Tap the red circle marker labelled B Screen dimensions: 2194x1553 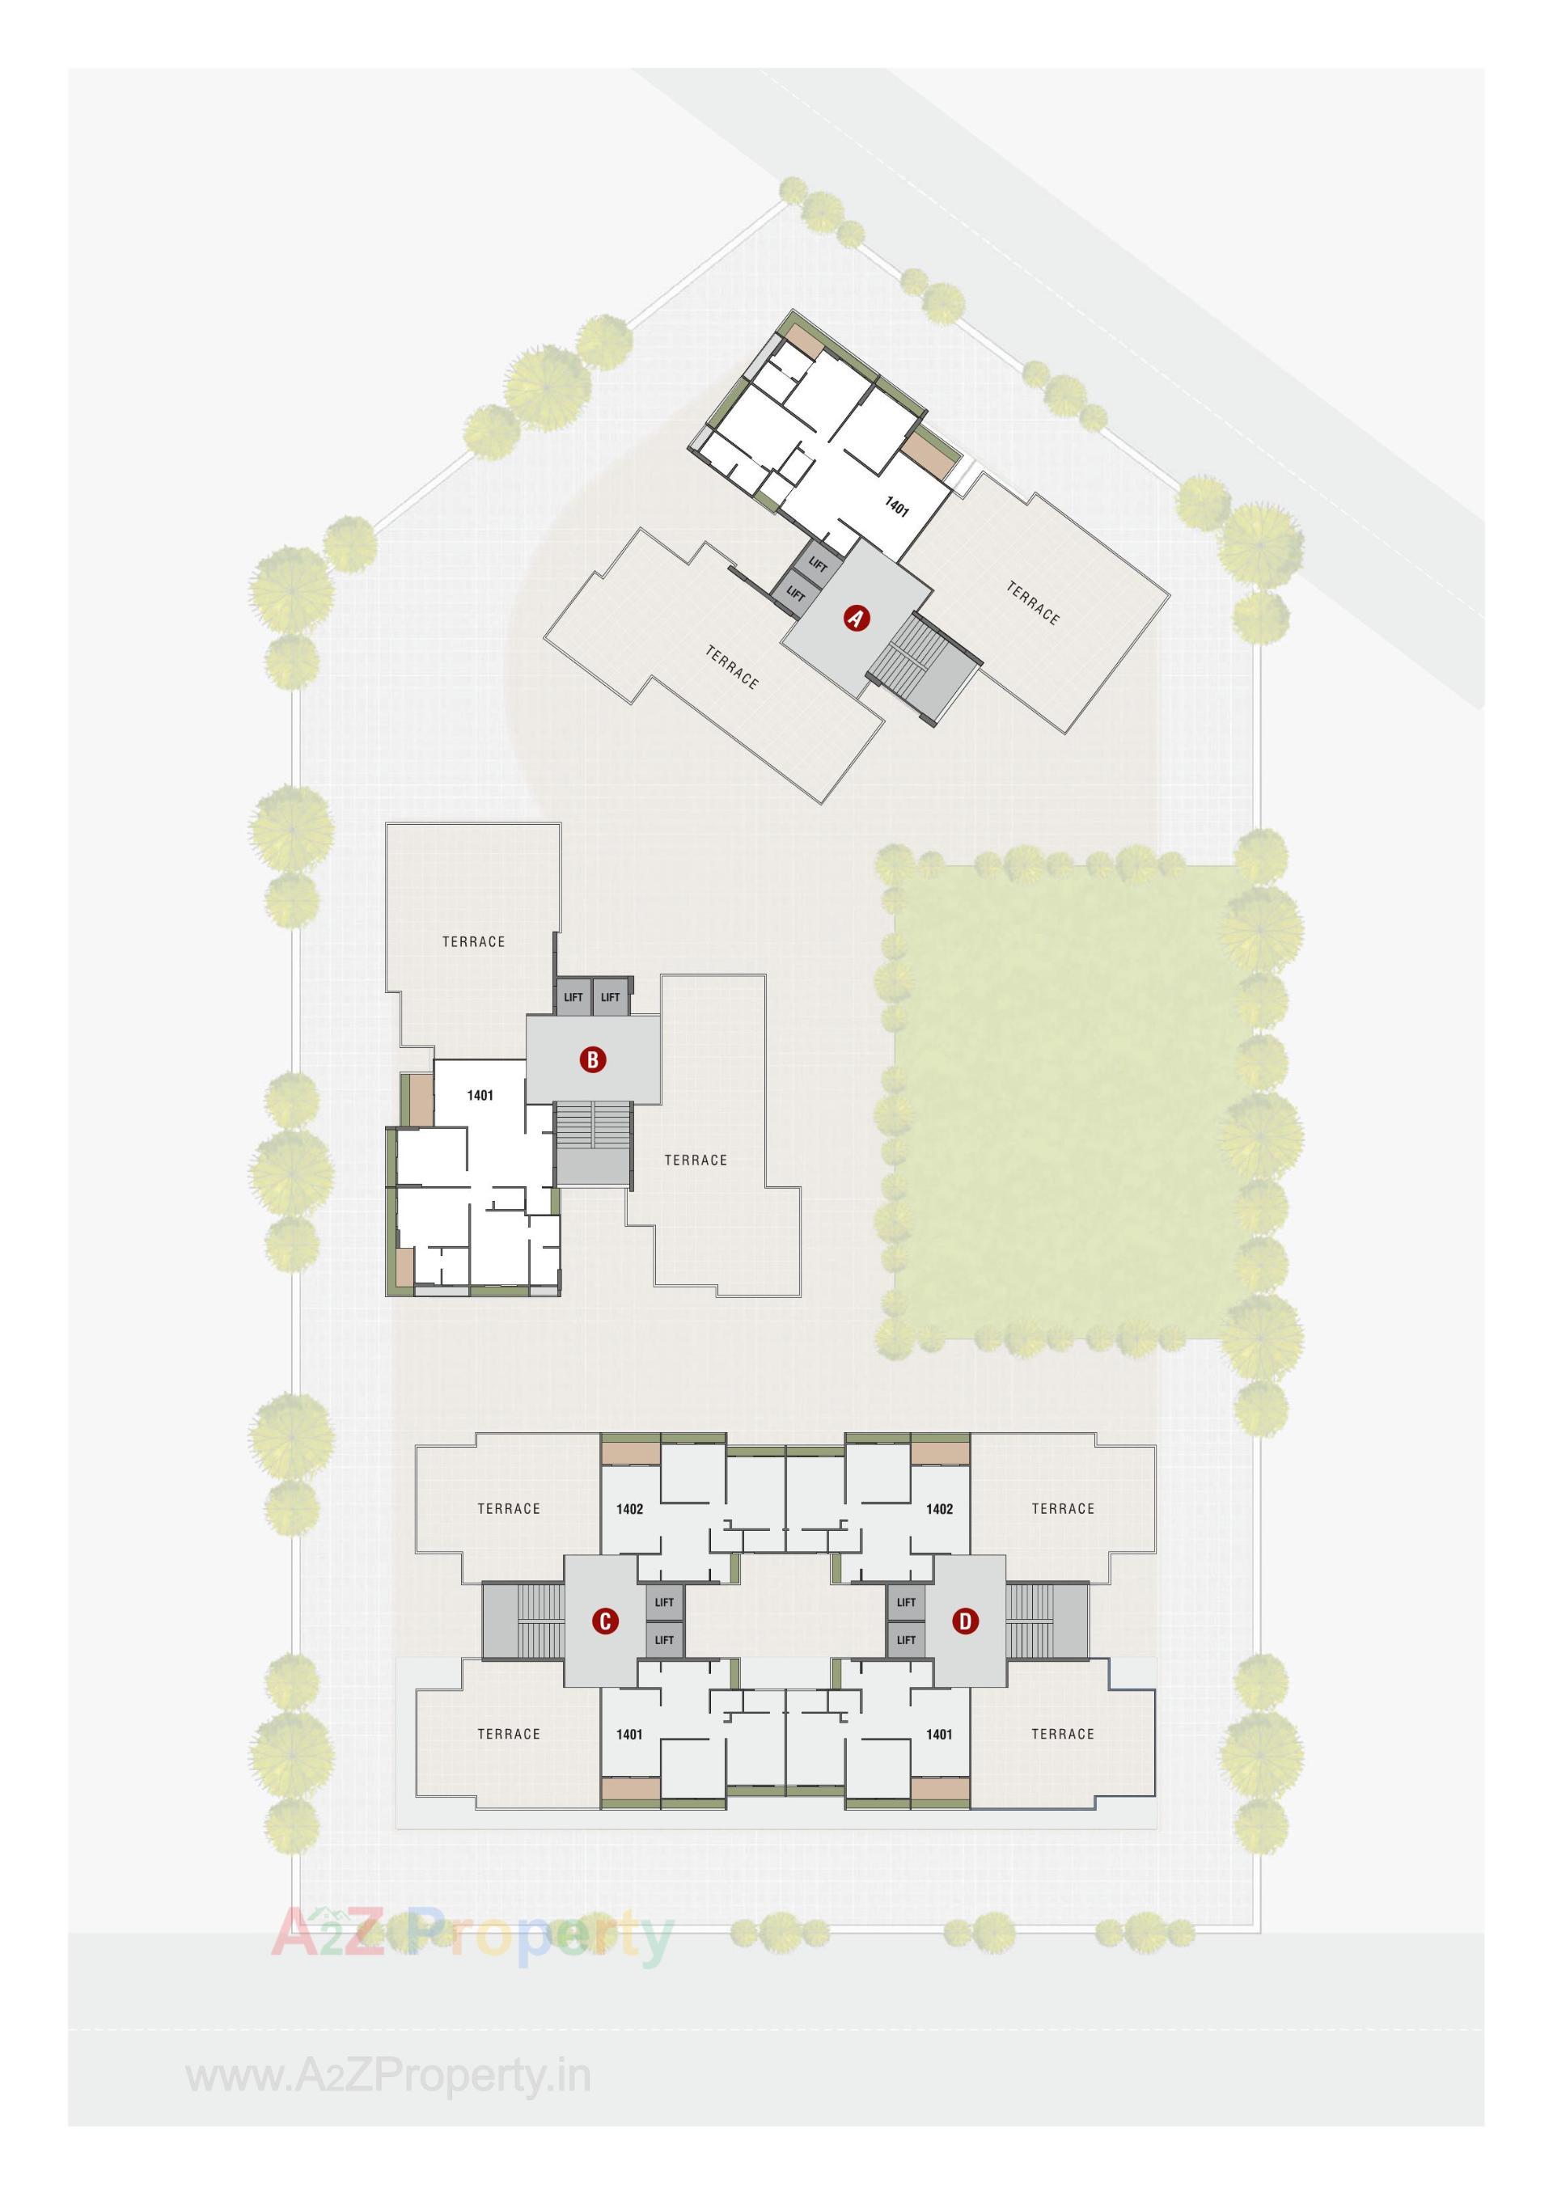tap(593, 1059)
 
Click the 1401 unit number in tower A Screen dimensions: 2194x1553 tap(896, 507)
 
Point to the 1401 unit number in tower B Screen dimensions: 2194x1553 tap(480, 1095)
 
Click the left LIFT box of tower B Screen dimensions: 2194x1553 tap(573, 997)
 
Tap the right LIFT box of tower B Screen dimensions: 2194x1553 tap(610, 997)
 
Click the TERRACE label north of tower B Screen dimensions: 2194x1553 tap(473, 941)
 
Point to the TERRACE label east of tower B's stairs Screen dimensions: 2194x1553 tap(696, 1160)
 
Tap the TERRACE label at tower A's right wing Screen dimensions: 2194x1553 tap(1033, 603)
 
